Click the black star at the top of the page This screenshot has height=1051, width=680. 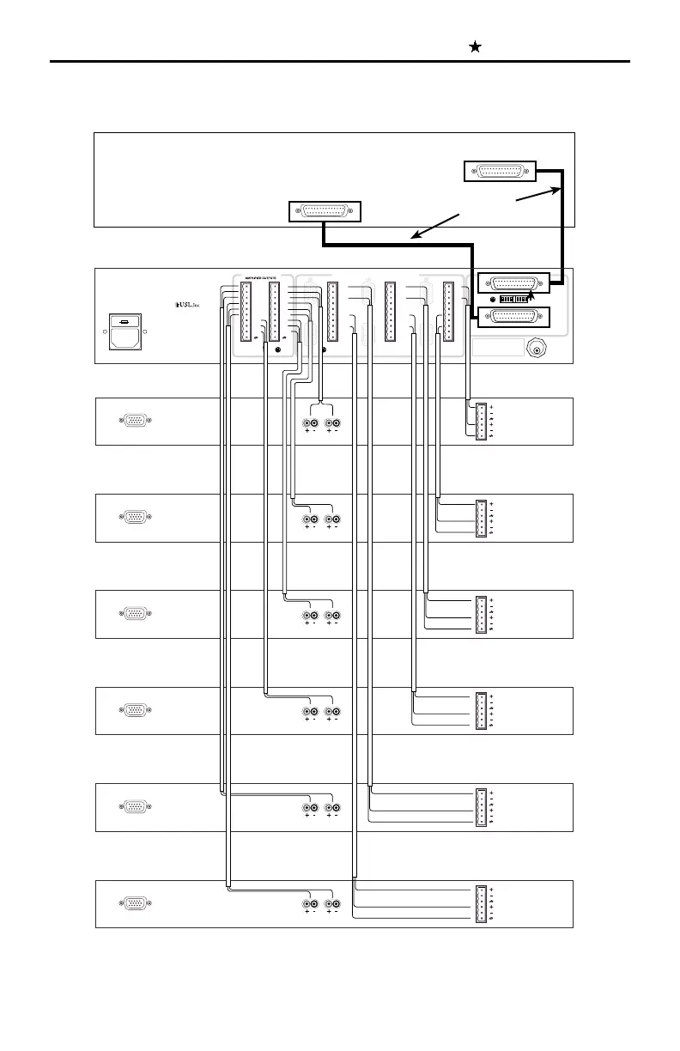(x=474, y=48)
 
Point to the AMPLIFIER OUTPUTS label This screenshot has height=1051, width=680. (x=261, y=276)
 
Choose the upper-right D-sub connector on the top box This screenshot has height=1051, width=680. (x=500, y=171)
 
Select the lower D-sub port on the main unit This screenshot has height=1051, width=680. (x=513, y=318)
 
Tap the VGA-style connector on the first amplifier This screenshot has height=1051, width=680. (x=135, y=421)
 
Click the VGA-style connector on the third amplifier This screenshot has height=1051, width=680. (x=135, y=614)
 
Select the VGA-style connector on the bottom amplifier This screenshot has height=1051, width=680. (x=135, y=903)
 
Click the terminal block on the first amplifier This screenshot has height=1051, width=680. (x=481, y=422)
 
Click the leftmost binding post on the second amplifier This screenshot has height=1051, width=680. (x=307, y=519)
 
